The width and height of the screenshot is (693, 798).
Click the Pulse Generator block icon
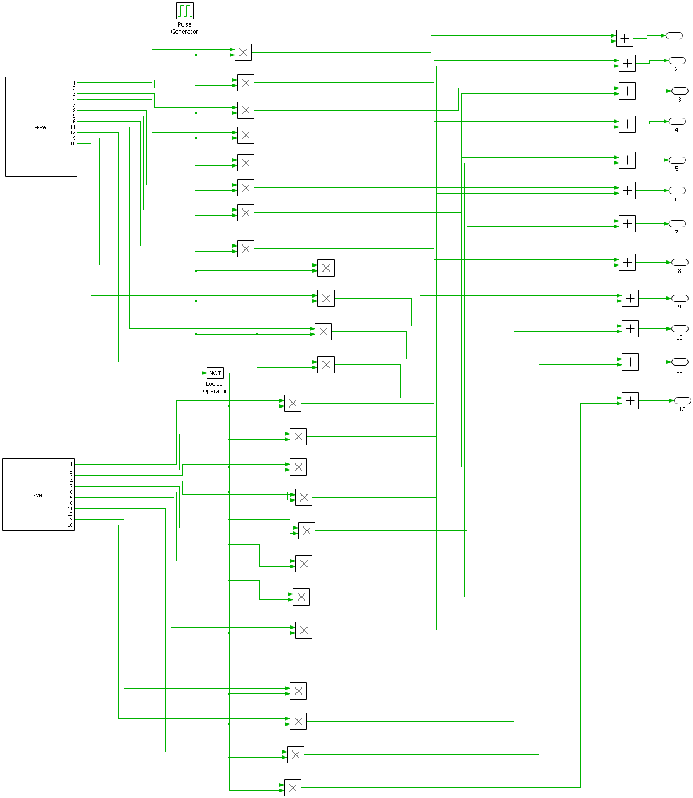tap(185, 11)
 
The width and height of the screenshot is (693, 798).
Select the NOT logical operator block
tap(215, 373)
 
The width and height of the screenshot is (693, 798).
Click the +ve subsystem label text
tap(40, 127)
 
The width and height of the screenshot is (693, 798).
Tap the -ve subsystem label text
tap(38, 495)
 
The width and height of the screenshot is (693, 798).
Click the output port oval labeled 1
tap(674, 35)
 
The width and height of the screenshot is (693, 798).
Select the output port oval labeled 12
tap(682, 400)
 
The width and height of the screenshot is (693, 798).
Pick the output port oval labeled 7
tap(676, 223)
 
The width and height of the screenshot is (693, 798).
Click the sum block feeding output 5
tap(627, 160)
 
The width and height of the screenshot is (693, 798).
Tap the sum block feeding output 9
tap(630, 299)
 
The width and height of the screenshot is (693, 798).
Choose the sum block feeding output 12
tap(630, 400)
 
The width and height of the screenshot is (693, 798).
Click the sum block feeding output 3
tap(627, 91)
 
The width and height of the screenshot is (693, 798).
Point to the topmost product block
tap(243, 53)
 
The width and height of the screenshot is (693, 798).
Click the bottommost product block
tap(293, 787)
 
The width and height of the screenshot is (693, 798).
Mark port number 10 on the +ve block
tap(73, 144)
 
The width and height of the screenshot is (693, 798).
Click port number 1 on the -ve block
tap(71, 464)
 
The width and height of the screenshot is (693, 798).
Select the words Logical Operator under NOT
tap(215, 387)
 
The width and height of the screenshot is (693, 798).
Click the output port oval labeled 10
tap(679, 329)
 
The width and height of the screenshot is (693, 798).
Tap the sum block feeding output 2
tap(627, 63)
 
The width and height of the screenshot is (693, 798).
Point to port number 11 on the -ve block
tap(70, 509)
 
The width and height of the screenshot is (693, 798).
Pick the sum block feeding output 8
tap(627, 263)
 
